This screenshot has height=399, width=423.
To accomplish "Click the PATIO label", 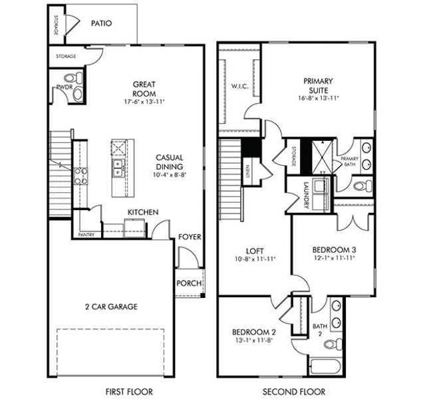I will (x=101, y=23).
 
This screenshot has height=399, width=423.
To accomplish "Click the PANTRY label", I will (x=86, y=235).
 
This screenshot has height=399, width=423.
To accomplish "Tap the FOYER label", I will (x=190, y=237).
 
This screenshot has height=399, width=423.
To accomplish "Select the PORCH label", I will (x=189, y=283).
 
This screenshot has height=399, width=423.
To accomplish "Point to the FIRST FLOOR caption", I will (x=126, y=390).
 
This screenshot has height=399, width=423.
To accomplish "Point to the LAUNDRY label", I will (x=307, y=196).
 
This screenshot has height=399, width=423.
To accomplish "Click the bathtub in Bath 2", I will (x=326, y=367).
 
